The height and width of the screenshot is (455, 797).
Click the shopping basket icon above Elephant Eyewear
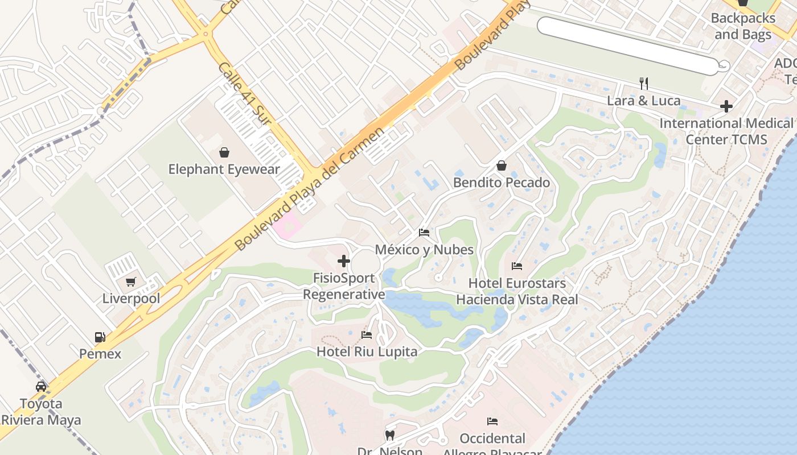[x=224, y=152]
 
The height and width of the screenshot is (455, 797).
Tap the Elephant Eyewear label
[x=224, y=169]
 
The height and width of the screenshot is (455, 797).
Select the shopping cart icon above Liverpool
[x=131, y=282]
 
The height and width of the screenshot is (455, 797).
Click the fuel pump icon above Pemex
[x=100, y=337]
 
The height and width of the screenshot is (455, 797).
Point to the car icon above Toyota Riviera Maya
[x=41, y=387]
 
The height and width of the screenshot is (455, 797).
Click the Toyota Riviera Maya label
[x=41, y=412]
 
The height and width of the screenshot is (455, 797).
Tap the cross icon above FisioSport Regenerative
[x=344, y=261]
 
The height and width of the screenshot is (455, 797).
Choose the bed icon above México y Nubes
[x=424, y=233]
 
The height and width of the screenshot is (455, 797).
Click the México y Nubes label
[x=424, y=250]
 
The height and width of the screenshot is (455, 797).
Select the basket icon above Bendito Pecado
[x=502, y=166]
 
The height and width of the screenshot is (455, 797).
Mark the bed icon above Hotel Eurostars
[x=517, y=266]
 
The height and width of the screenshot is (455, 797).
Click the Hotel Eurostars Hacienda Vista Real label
[x=517, y=291]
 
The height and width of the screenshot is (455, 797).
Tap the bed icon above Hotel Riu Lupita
[x=367, y=335]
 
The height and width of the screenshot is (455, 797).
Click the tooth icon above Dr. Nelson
[x=390, y=436]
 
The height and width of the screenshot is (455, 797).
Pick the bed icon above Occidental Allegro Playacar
[x=492, y=421]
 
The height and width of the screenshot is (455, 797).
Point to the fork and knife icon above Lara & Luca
[x=644, y=84]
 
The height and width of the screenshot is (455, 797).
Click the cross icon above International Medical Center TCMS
[x=726, y=106]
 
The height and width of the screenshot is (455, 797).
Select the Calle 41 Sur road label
[x=243, y=94]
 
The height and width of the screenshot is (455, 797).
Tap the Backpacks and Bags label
[x=743, y=26]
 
